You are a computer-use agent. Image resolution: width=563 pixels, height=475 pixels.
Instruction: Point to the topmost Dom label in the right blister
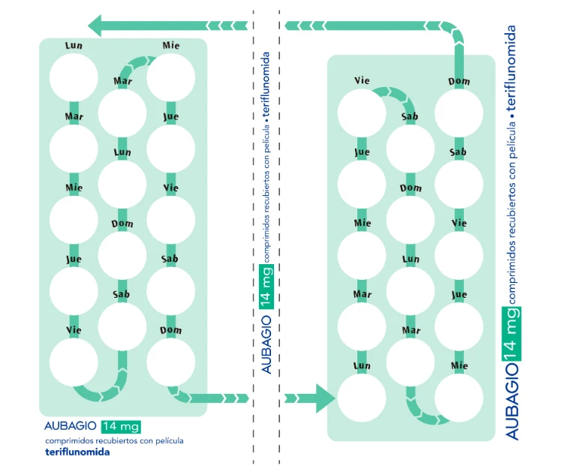coord(459,81)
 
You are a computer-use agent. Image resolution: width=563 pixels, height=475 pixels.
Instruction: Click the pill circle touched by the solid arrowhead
coord(362,398)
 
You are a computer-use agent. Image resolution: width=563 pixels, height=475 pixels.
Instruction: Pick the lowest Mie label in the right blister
coord(459,365)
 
